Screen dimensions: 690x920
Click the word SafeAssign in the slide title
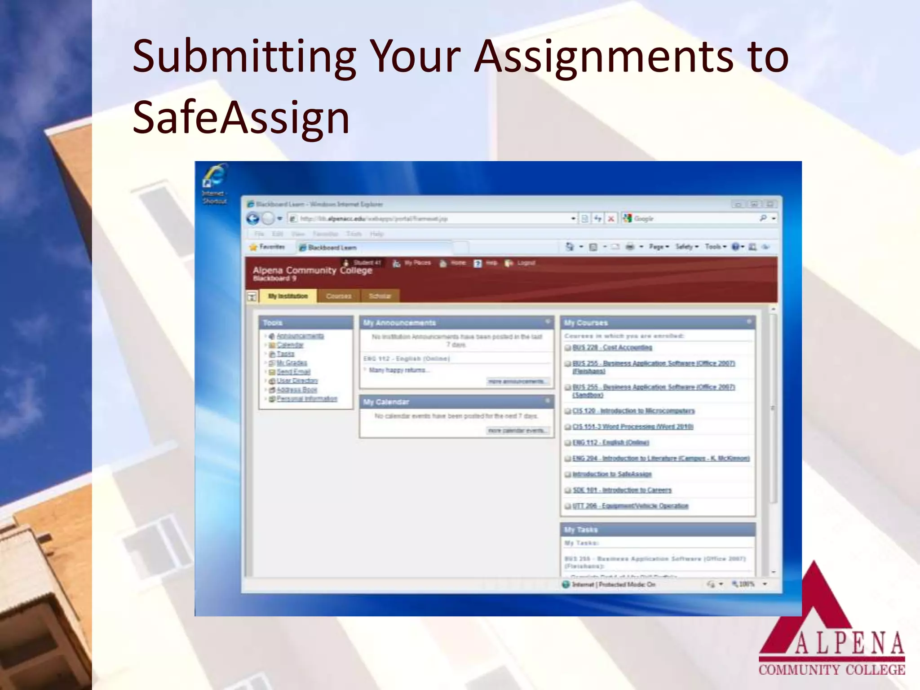click(x=241, y=118)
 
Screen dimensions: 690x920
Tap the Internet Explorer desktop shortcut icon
click(x=215, y=177)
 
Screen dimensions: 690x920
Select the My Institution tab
click(x=288, y=296)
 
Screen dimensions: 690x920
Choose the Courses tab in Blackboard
click(x=339, y=296)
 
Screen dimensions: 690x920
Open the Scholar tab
click(x=380, y=296)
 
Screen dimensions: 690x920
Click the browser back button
click(x=253, y=219)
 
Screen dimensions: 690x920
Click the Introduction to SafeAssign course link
click(x=612, y=474)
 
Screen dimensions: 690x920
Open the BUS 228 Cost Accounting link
click(x=612, y=347)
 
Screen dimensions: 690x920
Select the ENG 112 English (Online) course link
click(x=610, y=442)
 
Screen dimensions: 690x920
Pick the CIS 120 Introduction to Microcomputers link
click(x=633, y=411)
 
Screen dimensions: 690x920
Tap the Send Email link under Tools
click(x=293, y=372)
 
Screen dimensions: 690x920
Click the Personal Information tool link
click(x=307, y=398)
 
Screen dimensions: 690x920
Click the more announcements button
click(x=518, y=381)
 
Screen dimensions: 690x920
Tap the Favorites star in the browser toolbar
click(x=254, y=247)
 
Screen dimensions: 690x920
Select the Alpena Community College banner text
click(x=312, y=270)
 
